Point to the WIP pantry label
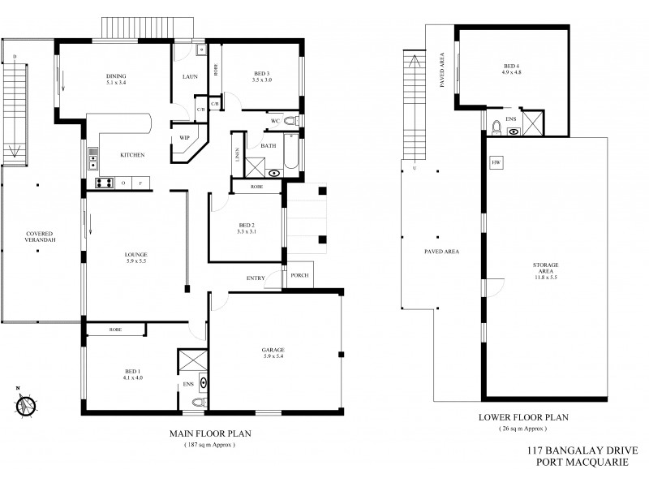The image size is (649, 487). tap(184, 137)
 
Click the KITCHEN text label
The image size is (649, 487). tap(132, 154)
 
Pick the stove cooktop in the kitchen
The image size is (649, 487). tap(104, 183)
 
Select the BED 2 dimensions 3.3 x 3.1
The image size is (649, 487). tap(235, 232)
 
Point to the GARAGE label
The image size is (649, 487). tap(273, 350)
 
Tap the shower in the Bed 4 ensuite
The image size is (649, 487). tap(535, 122)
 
